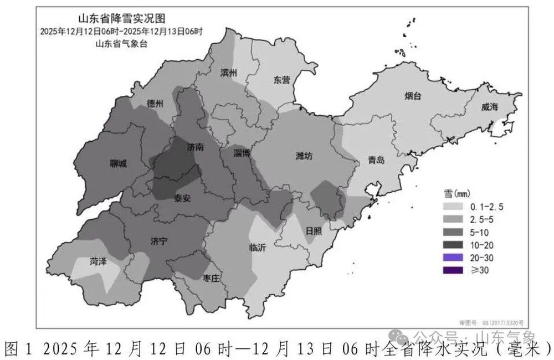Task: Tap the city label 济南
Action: click(x=196, y=148)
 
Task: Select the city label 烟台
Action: click(x=412, y=96)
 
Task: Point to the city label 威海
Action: click(x=489, y=107)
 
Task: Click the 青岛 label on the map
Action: click(x=376, y=161)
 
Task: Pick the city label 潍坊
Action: click(x=304, y=156)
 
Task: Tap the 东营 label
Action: click(x=281, y=80)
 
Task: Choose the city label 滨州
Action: click(x=229, y=73)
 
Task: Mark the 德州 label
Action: click(x=155, y=104)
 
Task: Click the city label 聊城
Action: click(x=117, y=164)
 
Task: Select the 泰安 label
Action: click(x=183, y=198)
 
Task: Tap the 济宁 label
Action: click(x=158, y=241)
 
